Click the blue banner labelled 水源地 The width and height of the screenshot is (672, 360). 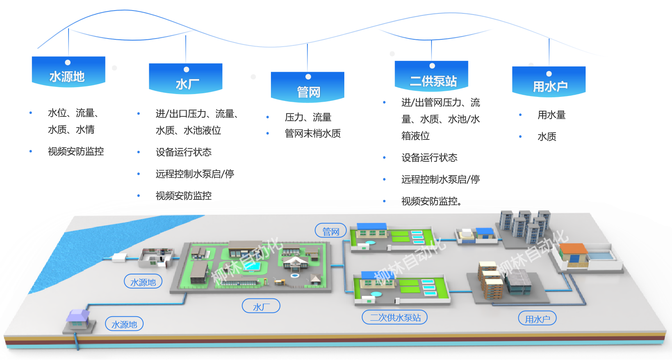point(69,72)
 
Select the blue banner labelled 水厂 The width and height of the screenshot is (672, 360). point(186,79)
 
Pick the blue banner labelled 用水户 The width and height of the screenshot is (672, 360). point(549,81)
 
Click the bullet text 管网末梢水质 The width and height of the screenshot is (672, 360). point(313,133)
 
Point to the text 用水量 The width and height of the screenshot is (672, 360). point(552,115)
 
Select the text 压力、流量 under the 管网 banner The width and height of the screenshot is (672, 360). point(308,117)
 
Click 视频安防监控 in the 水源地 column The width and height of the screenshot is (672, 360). point(76,151)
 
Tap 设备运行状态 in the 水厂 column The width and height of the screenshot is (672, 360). point(184,152)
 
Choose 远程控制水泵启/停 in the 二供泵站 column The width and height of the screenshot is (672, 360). point(441,180)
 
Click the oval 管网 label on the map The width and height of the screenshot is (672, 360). point(331,231)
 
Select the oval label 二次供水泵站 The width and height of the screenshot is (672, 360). point(395,317)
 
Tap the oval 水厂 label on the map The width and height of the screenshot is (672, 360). point(261,306)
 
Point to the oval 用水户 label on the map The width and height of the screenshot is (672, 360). point(537,318)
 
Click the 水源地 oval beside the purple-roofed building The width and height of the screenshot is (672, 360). point(124,324)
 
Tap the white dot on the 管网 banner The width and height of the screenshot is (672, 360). point(308,77)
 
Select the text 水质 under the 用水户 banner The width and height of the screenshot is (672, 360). point(547,137)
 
